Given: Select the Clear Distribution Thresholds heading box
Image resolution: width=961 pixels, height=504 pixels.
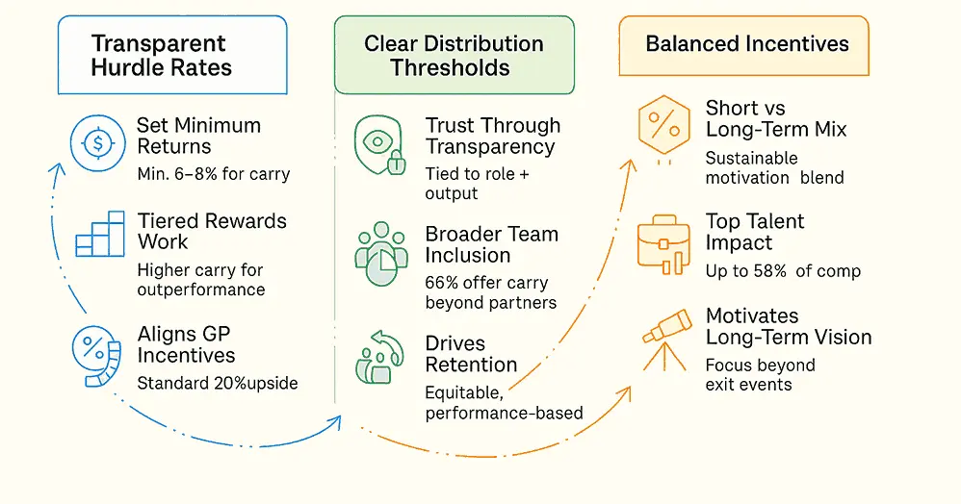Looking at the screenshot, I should (x=454, y=55).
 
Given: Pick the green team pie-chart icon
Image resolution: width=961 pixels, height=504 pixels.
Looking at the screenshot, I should (x=380, y=258).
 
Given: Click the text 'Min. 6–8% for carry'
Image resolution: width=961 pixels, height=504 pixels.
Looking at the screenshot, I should (x=213, y=174).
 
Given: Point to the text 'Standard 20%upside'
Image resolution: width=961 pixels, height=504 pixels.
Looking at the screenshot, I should (x=218, y=383).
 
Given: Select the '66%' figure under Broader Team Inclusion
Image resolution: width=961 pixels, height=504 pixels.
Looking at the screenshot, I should (x=443, y=283).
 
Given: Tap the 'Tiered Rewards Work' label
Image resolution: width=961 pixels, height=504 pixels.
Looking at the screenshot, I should (x=211, y=231).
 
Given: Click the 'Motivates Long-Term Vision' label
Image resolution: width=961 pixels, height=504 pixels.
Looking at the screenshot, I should (x=788, y=327).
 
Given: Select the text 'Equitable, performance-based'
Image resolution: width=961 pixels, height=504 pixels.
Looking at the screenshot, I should (x=504, y=403).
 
